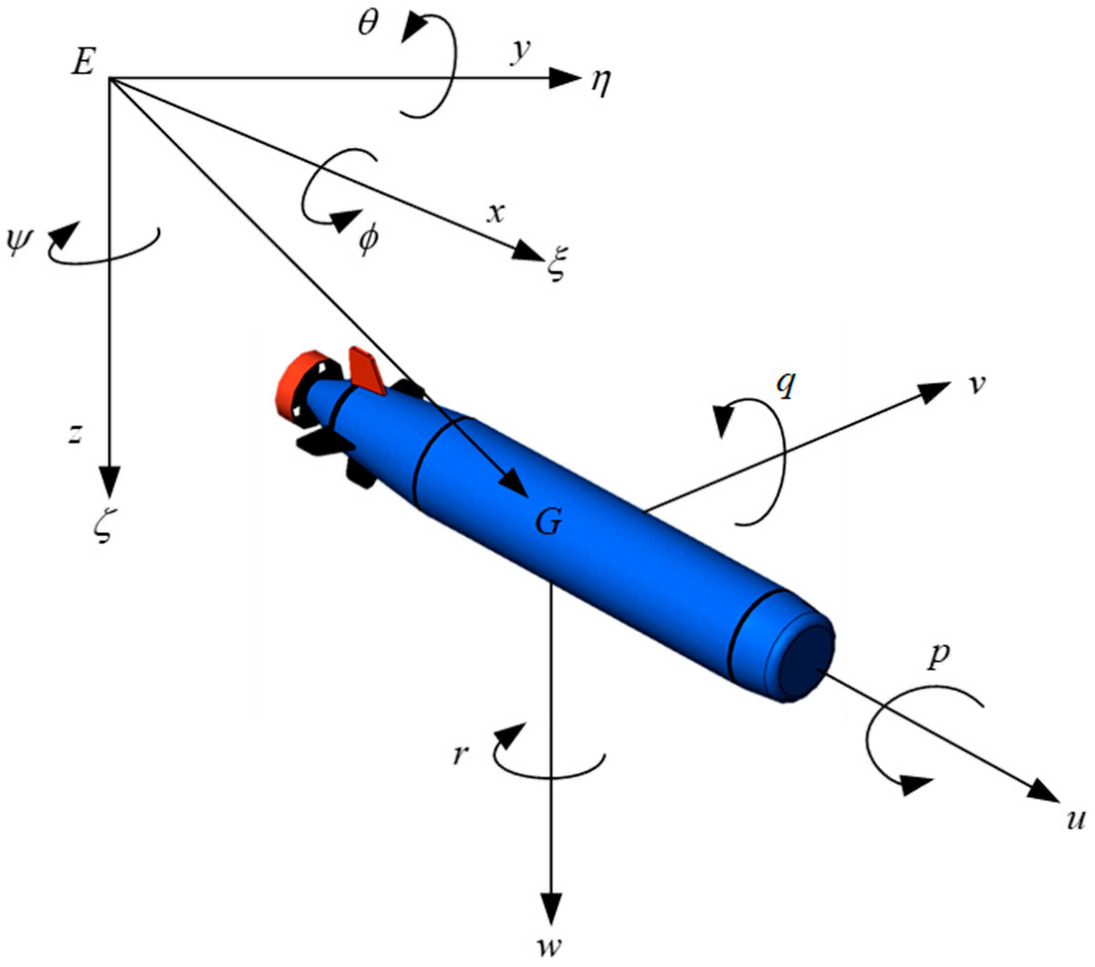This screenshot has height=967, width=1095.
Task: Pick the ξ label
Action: click(556, 263)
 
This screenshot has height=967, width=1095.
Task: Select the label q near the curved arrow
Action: click(786, 384)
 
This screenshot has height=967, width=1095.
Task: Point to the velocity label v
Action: click(977, 385)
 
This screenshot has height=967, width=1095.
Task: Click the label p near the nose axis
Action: click(938, 657)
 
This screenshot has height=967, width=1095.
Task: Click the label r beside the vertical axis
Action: click(461, 755)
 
